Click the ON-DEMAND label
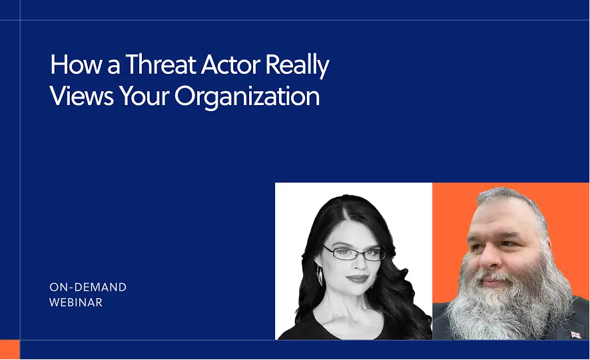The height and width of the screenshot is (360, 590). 88,287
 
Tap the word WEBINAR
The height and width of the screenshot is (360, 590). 76,302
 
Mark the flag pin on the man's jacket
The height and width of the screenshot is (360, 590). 575,334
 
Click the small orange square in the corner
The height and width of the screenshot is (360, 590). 9,349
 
